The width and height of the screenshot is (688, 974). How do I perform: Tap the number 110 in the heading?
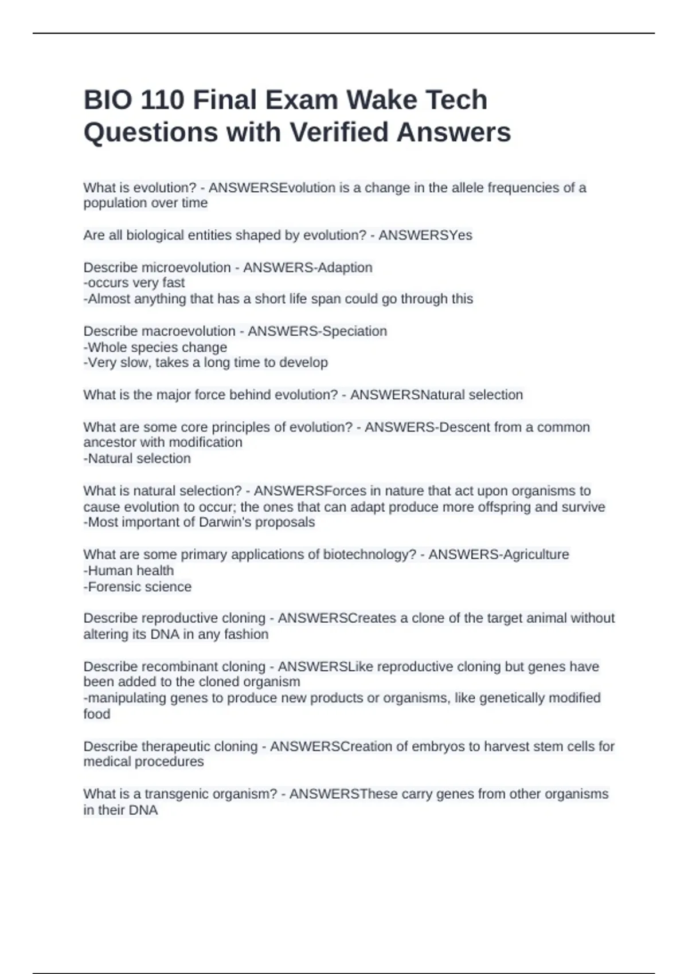(162, 100)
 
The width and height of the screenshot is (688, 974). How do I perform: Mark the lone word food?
(96, 714)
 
